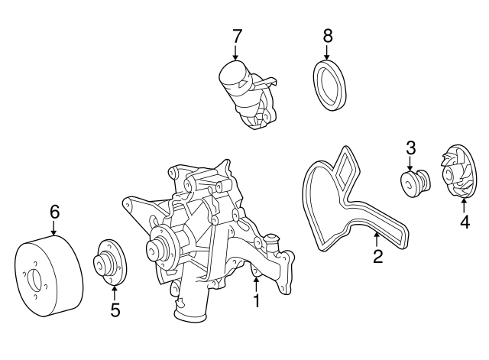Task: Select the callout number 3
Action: tap(410, 147)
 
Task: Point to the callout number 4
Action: tap(464, 223)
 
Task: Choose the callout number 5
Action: tap(115, 310)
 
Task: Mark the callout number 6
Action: tap(54, 211)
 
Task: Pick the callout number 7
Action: tap(237, 35)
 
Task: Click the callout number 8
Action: tap(328, 35)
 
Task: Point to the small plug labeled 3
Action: tap(416, 184)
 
